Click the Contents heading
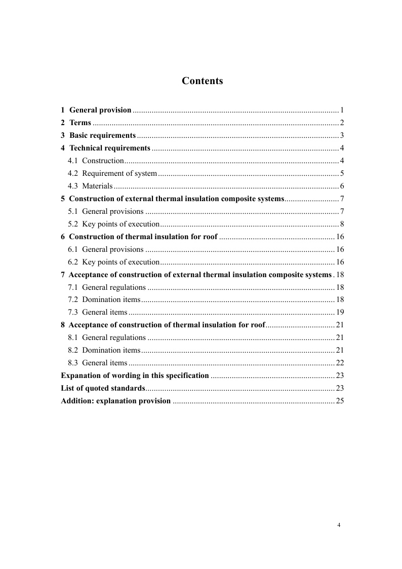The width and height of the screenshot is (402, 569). click(202, 81)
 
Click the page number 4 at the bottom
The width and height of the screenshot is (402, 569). click(339, 525)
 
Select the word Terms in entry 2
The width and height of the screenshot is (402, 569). click(80, 123)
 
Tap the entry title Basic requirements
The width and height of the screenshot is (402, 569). click(102, 136)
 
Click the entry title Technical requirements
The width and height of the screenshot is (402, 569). click(109, 148)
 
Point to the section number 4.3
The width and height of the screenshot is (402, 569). click(73, 186)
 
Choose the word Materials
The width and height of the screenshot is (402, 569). click(97, 186)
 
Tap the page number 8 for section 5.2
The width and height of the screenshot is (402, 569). click(342, 224)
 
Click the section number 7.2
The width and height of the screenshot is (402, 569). click(73, 299)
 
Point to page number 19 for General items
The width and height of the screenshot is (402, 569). click(340, 312)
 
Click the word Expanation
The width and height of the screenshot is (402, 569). click(81, 375)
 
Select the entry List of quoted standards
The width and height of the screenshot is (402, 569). click(103, 388)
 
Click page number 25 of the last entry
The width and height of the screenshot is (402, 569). click(340, 401)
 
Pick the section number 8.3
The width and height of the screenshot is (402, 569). click(73, 363)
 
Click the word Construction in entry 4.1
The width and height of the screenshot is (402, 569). click(103, 161)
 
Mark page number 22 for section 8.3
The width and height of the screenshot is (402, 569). click(340, 363)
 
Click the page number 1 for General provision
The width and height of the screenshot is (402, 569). click(342, 110)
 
